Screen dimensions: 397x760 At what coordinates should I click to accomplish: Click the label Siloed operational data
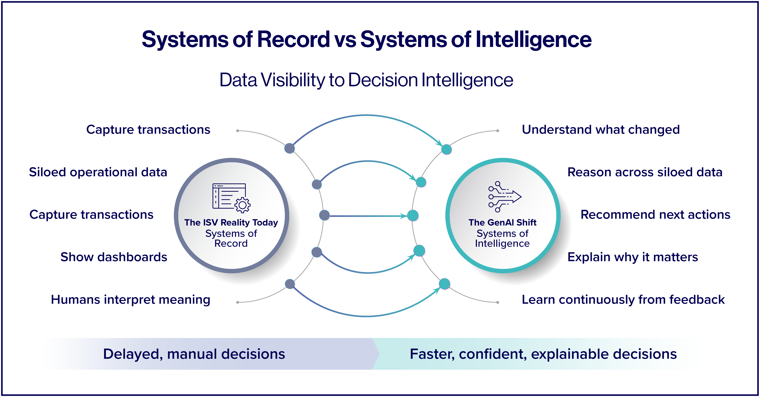coord(98,172)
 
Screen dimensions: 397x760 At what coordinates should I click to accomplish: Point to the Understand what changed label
coord(601,130)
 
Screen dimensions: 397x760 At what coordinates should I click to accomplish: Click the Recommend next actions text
coord(655,215)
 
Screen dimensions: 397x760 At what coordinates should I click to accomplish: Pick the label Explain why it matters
coord(633,257)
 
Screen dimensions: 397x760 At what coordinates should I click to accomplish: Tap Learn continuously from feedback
coord(623,300)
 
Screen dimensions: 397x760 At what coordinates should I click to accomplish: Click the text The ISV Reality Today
coord(231,222)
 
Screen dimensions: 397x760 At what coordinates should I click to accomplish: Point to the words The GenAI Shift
coord(502,222)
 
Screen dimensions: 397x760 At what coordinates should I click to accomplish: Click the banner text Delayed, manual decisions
coord(194,354)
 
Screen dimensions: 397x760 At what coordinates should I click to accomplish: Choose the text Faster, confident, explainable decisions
coord(543,354)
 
